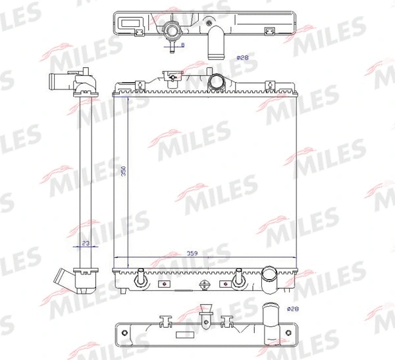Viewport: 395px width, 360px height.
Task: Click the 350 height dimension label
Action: click(x=124, y=171)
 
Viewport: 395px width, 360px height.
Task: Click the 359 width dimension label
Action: click(x=192, y=253)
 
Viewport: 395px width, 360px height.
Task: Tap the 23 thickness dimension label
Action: click(x=86, y=243)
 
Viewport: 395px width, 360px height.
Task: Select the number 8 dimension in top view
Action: click(x=182, y=45)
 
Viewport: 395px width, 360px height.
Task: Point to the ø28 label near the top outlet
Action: click(x=242, y=58)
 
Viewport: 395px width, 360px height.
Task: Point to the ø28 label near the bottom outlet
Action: click(x=293, y=309)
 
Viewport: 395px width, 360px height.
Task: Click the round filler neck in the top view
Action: click(x=172, y=31)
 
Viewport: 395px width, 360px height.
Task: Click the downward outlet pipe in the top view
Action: click(x=216, y=42)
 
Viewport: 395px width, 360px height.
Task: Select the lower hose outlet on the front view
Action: click(x=269, y=280)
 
